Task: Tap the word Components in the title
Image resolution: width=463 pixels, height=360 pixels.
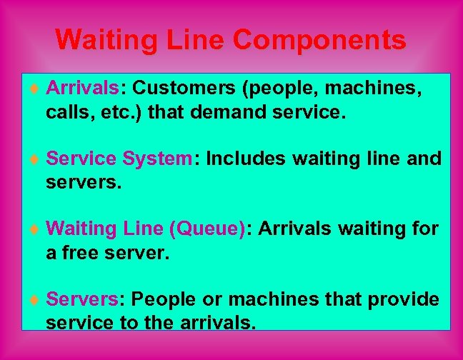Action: pos(321,40)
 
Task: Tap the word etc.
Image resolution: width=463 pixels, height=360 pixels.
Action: pos(122,111)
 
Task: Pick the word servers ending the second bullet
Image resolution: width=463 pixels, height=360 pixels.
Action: pos(83,182)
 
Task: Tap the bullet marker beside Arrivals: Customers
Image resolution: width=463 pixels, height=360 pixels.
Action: pos(34,89)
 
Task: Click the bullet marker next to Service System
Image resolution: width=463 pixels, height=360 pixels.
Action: pos(34,159)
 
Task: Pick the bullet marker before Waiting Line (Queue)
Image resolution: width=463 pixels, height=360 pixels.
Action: pos(34,229)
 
